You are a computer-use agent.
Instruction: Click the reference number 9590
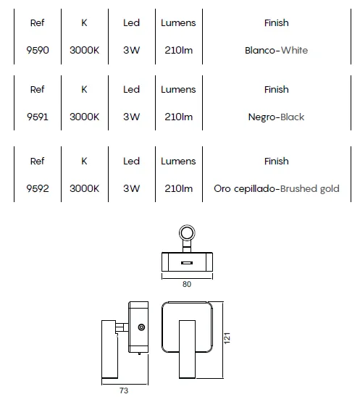(38, 50)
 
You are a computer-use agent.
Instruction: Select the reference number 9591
(38, 117)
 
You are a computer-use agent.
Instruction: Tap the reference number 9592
(38, 188)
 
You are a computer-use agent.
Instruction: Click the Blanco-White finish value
(276, 50)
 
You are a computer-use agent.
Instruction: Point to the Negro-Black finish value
(276, 117)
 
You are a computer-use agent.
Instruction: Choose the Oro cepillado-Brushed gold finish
(277, 189)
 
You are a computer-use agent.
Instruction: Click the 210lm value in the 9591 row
(178, 117)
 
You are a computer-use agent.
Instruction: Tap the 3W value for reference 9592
(131, 188)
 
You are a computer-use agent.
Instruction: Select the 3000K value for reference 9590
(84, 50)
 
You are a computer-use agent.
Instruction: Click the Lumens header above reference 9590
(178, 23)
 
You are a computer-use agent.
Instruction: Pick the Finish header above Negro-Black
(277, 90)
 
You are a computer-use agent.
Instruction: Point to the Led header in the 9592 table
(131, 161)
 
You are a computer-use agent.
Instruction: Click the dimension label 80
(187, 284)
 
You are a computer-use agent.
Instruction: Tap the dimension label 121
(227, 338)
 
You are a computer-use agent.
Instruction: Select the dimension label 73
(124, 390)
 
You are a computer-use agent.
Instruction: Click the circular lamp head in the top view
(187, 233)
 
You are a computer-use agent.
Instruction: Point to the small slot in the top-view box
(187, 263)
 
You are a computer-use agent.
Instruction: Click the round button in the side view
(141, 327)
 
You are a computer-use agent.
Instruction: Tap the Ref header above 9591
(38, 90)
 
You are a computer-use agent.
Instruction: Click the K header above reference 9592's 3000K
(84, 161)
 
